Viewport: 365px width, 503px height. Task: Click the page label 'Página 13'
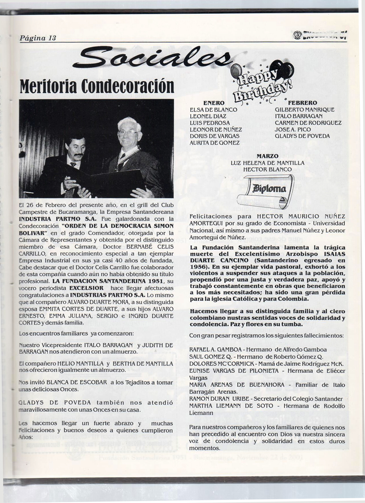tap(38, 38)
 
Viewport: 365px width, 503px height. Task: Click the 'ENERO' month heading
tap(213, 103)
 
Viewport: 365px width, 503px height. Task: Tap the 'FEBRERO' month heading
tap(302, 103)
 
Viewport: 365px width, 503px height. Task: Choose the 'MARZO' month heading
tap(267, 156)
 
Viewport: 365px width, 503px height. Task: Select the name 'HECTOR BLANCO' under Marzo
tap(267, 170)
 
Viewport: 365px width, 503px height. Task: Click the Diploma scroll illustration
tap(265, 191)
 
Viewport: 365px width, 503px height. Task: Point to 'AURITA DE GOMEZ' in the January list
tap(215, 143)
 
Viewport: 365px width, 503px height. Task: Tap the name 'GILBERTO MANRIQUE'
tap(304, 110)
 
